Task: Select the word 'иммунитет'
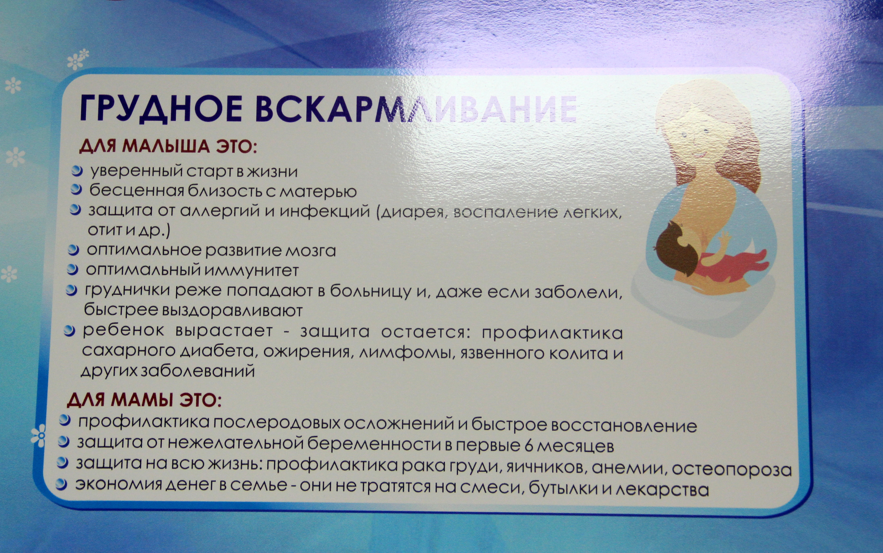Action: (x=251, y=271)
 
